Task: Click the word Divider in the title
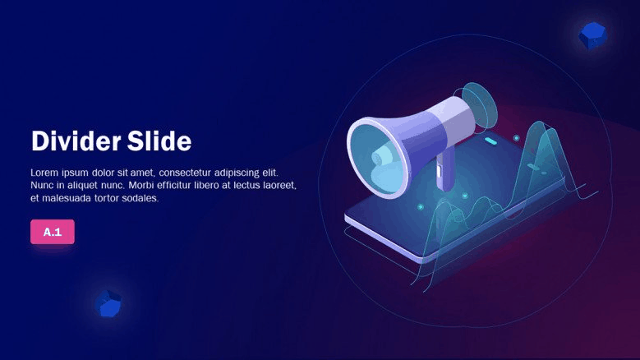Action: coord(76,141)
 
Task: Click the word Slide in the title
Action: coord(159,141)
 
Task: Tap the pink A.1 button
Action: coord(53,232)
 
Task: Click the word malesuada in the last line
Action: coord(67,198)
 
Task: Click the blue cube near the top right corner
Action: coord(592,36)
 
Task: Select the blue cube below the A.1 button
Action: coord(108,303)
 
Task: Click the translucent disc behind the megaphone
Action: coord(481,105)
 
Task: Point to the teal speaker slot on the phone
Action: coord(490,141)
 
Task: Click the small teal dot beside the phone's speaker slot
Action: coord(516,138)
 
